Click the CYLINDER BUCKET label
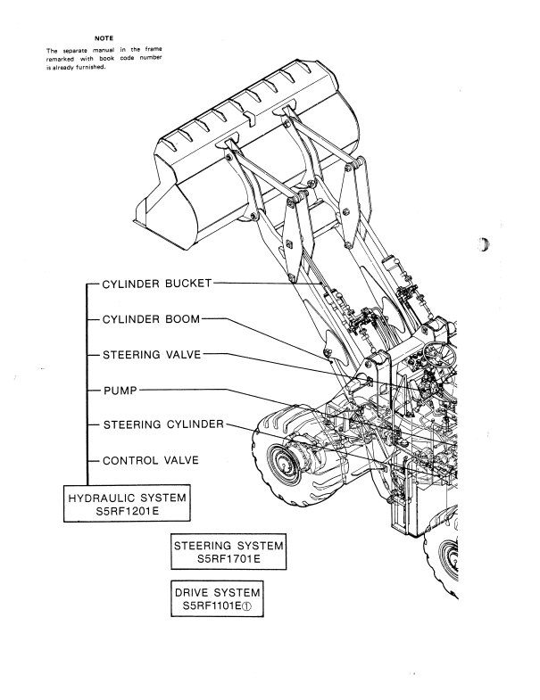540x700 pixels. [x=157, y=284]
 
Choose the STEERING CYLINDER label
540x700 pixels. [x=163, y=424]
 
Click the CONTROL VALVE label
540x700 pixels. [x=151, y=460]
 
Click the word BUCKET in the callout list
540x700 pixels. [x=187, y=284]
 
